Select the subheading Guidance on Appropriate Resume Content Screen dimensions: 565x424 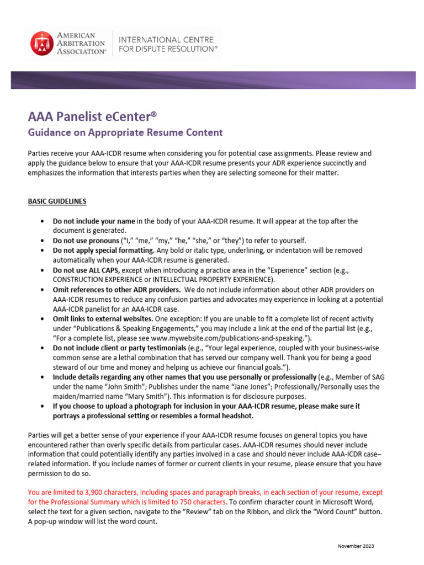point(125,132)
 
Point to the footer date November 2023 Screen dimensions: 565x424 point(356,546)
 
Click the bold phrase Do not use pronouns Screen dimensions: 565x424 point(86,241)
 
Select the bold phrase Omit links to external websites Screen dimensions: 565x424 point(103,319)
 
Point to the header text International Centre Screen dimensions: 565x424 point(158,39)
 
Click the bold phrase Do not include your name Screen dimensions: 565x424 point(94,221)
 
